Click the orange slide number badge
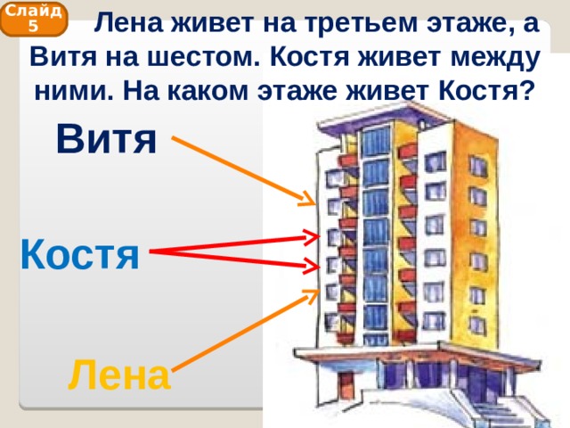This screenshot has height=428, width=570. coord(34,20)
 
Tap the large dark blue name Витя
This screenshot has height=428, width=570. coord(107,139)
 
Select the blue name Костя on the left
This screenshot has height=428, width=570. coord(80,253)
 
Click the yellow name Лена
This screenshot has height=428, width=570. coord(119,374)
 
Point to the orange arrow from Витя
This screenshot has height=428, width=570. coord(243,170)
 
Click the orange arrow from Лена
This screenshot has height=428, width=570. coord(246,331)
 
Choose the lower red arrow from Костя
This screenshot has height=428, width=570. coord(234,259)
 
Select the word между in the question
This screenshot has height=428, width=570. coord(495,58)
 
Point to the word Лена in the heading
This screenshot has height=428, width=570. coord(128,23)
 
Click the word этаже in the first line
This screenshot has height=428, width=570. coord(467,24)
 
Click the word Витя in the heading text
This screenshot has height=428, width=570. coord(63,57)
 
